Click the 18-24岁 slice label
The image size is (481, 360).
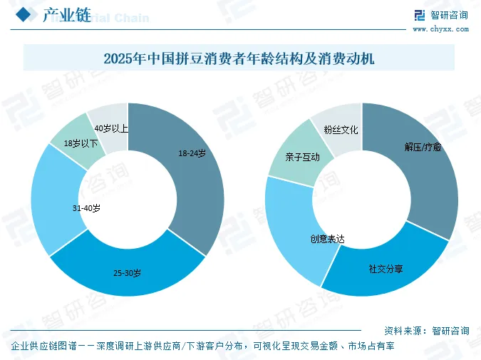192,153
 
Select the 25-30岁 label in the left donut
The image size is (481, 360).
128,272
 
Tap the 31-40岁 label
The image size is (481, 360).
86,208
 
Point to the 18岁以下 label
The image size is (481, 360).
81,143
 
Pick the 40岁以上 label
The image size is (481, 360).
111,128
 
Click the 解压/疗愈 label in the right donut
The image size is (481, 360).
423,148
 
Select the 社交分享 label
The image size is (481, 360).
386,269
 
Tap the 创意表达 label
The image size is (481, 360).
327,239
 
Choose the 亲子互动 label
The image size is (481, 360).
302,157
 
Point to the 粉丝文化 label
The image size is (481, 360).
341,130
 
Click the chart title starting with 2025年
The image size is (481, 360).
239,58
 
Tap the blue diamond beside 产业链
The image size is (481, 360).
24,14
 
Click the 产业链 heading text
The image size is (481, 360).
67,15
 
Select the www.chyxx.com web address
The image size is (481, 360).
441,29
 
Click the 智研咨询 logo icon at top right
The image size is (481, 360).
420,15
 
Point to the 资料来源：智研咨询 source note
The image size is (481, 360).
427,331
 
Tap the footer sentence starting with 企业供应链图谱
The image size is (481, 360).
202,346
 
